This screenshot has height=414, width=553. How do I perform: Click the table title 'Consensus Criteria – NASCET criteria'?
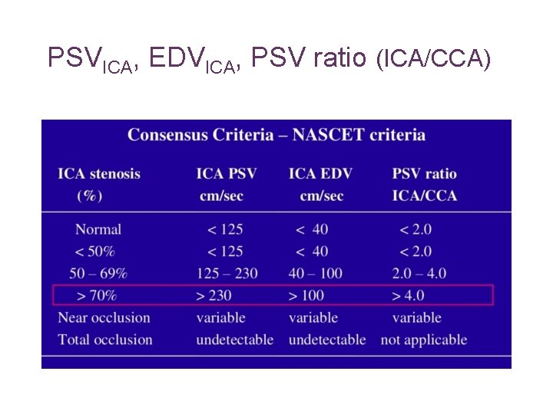[276, 135]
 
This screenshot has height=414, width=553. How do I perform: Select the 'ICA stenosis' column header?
[99, 173]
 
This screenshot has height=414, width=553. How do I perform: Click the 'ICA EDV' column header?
[320, 173]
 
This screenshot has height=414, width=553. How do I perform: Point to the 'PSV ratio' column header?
[424, 173]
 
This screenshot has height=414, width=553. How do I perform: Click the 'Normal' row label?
[98, 228]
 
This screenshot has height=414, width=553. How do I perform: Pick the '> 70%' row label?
[96, 295]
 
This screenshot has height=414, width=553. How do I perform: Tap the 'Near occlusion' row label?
[104, 317]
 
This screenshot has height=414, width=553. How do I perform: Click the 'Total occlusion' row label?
[105, 340]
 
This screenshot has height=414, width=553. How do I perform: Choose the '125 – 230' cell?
[227, 273]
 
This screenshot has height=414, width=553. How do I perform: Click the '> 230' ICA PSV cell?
[214, 295]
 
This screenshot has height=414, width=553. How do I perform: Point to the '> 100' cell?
[307, 295]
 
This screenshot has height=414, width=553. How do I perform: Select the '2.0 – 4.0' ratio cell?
[419, 273]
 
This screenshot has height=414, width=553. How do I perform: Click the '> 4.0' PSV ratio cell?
[409, 295]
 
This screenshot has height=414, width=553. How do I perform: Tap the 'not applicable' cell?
[424, 340]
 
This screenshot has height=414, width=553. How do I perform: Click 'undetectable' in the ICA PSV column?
[235, 340]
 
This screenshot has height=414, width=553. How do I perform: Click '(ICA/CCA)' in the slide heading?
[432, 58]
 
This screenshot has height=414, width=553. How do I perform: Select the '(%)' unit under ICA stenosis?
[90, 195]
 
